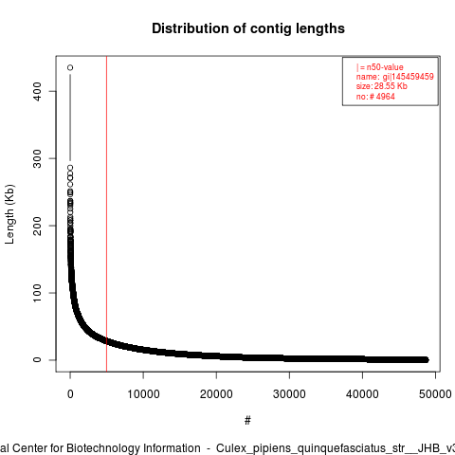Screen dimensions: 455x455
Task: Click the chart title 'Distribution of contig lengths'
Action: point(248,28)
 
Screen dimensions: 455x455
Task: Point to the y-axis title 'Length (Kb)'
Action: point(9,214)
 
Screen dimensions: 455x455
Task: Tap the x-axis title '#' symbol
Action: point(247,421)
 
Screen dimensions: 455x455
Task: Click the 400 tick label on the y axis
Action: point(37,91)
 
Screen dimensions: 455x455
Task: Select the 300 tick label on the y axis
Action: point(37,158)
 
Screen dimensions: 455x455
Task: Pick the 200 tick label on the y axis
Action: point(37,226)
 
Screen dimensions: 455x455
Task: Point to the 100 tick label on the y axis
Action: point(37,293)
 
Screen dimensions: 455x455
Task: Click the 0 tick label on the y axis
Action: point(37,360)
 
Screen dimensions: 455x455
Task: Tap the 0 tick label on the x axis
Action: point(70,394)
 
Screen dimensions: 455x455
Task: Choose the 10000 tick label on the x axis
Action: point(143,394)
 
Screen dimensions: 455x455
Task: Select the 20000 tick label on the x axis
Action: point(216,394)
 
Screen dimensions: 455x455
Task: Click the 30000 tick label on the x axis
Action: point(289,394)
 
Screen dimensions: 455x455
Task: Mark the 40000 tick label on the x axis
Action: point(362,394)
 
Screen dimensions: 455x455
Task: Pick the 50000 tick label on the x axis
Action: point(435,394)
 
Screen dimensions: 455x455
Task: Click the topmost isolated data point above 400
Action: point(70,67)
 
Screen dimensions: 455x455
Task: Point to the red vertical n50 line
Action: point(107,214)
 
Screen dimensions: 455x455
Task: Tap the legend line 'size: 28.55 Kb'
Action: point(382,86)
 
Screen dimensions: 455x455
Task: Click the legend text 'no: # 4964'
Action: point(375,97)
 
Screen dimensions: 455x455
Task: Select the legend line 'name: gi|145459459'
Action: point(395,77)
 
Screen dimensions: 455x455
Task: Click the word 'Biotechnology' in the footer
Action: point(133,448)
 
